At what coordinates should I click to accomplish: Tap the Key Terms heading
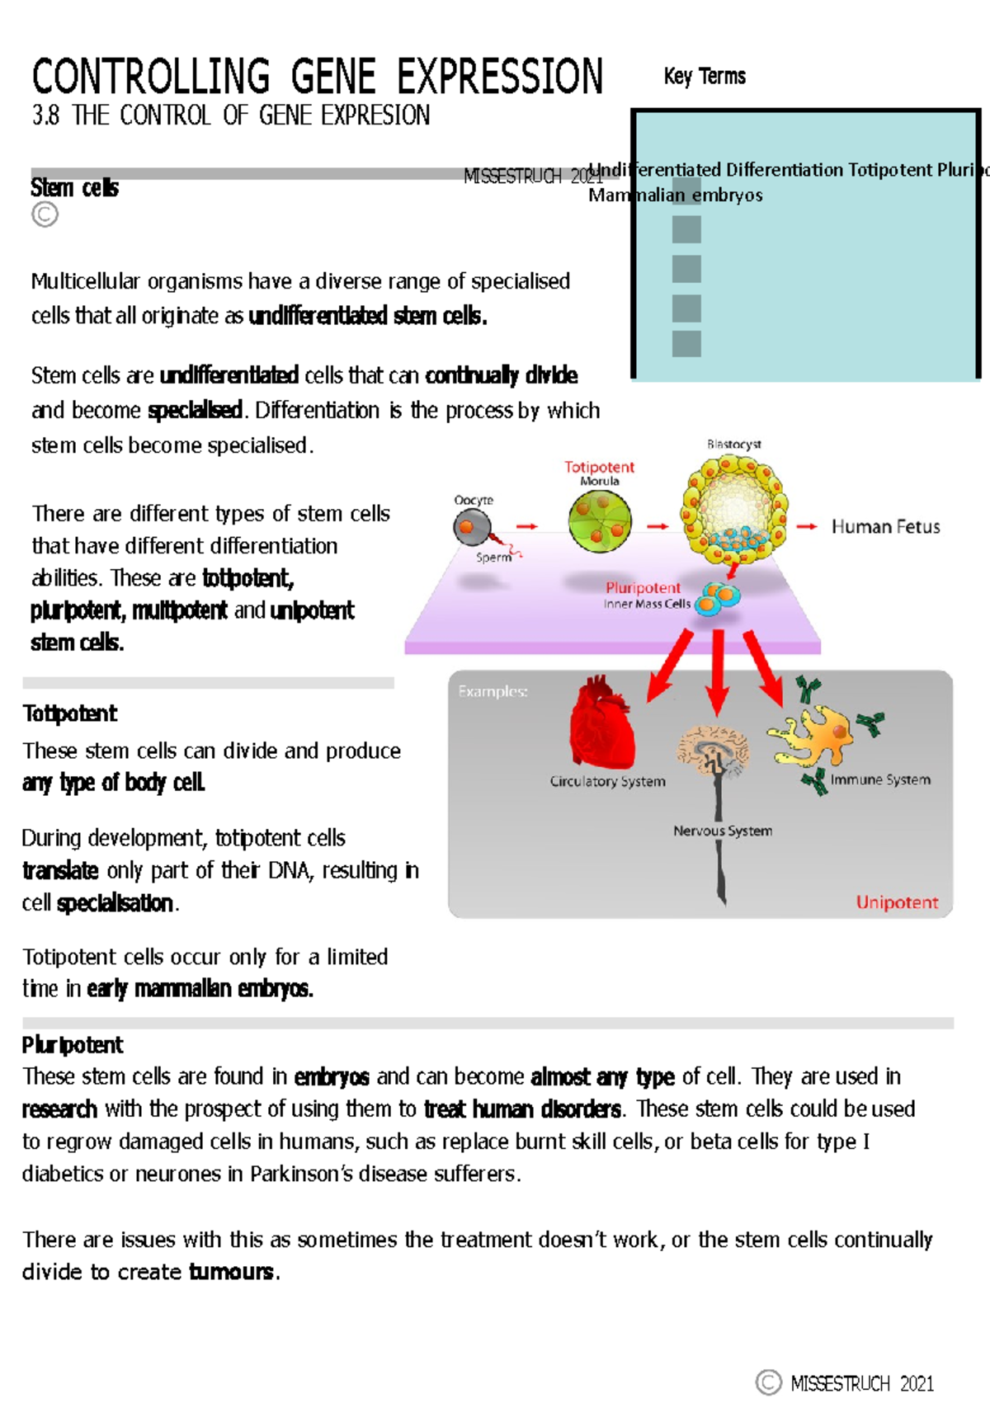[705, 77]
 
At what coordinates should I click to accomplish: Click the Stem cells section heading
[74, 188]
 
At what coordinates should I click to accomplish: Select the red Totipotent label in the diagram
[599, 467]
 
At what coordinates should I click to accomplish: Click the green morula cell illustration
[600, 521]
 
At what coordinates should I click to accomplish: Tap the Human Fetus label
[885, 526]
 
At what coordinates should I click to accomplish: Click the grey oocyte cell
[471, 526]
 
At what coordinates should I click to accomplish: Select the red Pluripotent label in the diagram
[643, 587]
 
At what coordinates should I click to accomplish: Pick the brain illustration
[712, 749]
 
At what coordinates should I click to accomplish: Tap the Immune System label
[880, 779]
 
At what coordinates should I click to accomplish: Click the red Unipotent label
[897, 902]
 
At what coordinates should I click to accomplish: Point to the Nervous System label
[723, 831]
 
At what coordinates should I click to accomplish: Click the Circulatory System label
[607, 781]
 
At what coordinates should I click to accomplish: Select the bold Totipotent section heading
[70, 713]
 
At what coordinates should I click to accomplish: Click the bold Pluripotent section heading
[73, 1045]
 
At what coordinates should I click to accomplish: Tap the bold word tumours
[231, 1272]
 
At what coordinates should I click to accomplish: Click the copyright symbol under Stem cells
[45, 214]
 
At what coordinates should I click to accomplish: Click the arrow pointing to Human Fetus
[807, 526]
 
